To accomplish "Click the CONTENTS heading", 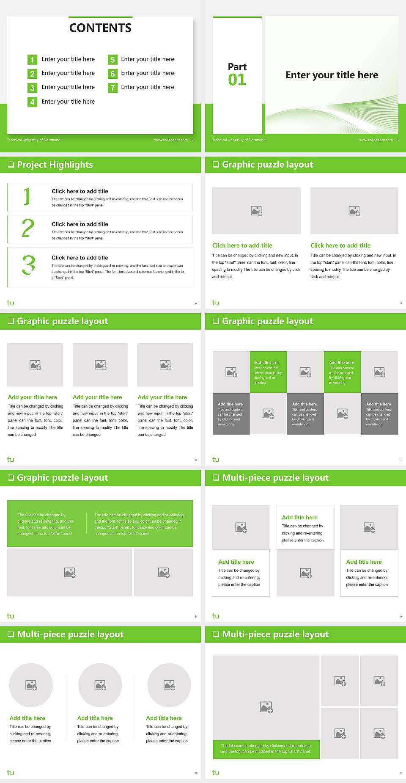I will tap(100, 28).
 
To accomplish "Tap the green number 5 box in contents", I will tap(112, 60).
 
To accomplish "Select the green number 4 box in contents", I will tap(32, 102).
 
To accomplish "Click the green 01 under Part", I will tap(237, 80).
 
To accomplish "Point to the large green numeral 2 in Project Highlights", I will tap(28, 228).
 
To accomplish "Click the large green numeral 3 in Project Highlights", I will tap(29, 265).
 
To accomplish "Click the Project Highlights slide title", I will tap(55, 165).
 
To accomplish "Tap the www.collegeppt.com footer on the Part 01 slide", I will tap(376, 140).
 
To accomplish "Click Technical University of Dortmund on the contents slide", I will tap(34, 140).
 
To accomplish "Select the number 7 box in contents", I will tap(112, 88).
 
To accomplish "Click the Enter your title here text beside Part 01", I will tap(332, 75).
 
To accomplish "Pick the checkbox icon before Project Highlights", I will tap(11, 165).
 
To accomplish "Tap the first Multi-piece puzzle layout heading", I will tap(275, 478).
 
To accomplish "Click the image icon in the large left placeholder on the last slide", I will tap(266, 707).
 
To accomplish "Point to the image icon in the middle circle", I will tap(100, 685).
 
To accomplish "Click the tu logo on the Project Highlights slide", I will tap(11, 303).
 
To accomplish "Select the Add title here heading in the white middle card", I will tap(299, 517).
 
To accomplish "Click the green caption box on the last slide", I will tap(266, 749).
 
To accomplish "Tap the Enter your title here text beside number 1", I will tap(68, 59).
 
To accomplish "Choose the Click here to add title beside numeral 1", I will tap(80, 191).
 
